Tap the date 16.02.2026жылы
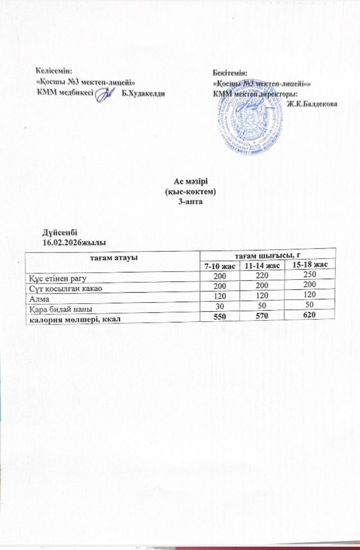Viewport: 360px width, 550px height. click(x=70, y=242)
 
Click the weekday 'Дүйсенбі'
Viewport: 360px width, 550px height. click(x=60, y=232)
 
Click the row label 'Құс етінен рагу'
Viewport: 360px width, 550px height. click(x=58, y=278)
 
